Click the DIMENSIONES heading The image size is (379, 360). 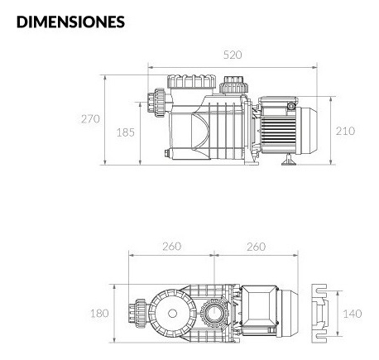pos(70,22)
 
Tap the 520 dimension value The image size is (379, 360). pos(233,55)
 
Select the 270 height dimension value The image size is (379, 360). pos(90,119)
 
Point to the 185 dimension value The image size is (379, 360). pos(126,132)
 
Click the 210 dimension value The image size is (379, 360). pos(345,131)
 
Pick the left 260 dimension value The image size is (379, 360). pos(171,247)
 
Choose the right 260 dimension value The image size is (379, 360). pos(257,247)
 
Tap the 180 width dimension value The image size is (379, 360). pos(99,314)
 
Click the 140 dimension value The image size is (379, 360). pos(353,314)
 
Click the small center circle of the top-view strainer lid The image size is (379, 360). pos(172,314)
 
